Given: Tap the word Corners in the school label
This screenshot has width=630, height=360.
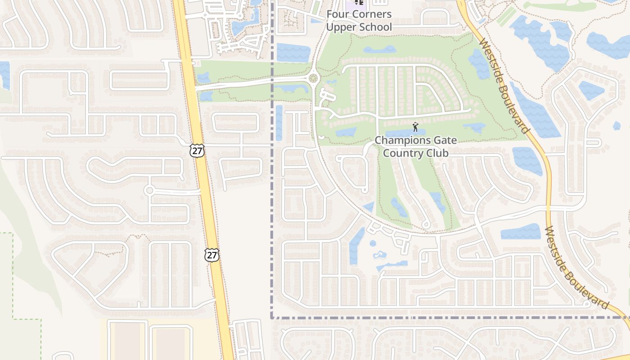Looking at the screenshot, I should (x=371, y=14).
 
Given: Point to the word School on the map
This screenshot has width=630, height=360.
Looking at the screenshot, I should (x=375, y=27).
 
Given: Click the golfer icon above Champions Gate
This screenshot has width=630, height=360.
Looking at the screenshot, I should (x=415, y=127).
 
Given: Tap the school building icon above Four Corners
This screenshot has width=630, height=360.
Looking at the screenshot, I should (x=359, y=2).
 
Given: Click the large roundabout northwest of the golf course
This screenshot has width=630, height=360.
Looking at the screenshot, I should (x=313, y=79).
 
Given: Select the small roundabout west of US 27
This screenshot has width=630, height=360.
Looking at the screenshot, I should (x=149, y=190).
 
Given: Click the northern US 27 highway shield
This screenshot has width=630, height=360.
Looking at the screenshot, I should (x=197, y=150).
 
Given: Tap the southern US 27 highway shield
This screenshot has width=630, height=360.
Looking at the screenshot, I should (x=211, y=255).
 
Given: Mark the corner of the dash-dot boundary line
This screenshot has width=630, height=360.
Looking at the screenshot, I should (x=272, y=318).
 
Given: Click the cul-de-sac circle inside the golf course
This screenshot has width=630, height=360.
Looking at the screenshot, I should (x=426, y=225).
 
